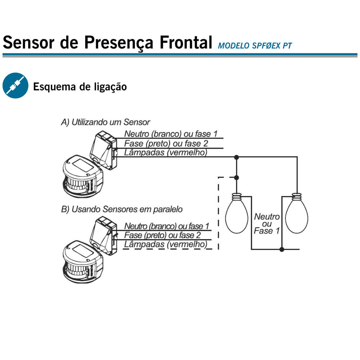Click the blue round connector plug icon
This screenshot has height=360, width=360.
[15, 86]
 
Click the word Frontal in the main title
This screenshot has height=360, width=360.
[186, 42]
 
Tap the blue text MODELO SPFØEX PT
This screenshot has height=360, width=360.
[255, 46]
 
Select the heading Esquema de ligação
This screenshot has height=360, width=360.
[80, 87]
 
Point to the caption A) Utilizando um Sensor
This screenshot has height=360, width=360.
[105, 122]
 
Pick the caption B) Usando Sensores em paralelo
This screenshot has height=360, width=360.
[122, 210]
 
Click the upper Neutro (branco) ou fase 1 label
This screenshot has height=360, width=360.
[171, 134]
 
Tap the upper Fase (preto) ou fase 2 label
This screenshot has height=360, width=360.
[166, 144]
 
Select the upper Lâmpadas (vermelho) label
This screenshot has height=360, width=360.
[166, 153]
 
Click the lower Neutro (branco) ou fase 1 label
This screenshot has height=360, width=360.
[167, 226]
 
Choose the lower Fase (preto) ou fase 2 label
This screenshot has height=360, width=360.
[163, 235]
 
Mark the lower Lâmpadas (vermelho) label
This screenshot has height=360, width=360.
[166, 244]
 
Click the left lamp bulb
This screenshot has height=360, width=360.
[237, 213]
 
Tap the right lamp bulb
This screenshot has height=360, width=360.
[297, 213]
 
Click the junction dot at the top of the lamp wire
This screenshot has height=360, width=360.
[237, 157]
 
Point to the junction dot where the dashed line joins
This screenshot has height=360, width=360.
[237, 177]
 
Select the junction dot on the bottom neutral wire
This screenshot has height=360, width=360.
[282, 249]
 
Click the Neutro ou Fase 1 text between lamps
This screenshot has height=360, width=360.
[267, 224]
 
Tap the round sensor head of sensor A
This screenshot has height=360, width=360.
[83, 176]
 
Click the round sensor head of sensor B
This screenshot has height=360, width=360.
[83, 262]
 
